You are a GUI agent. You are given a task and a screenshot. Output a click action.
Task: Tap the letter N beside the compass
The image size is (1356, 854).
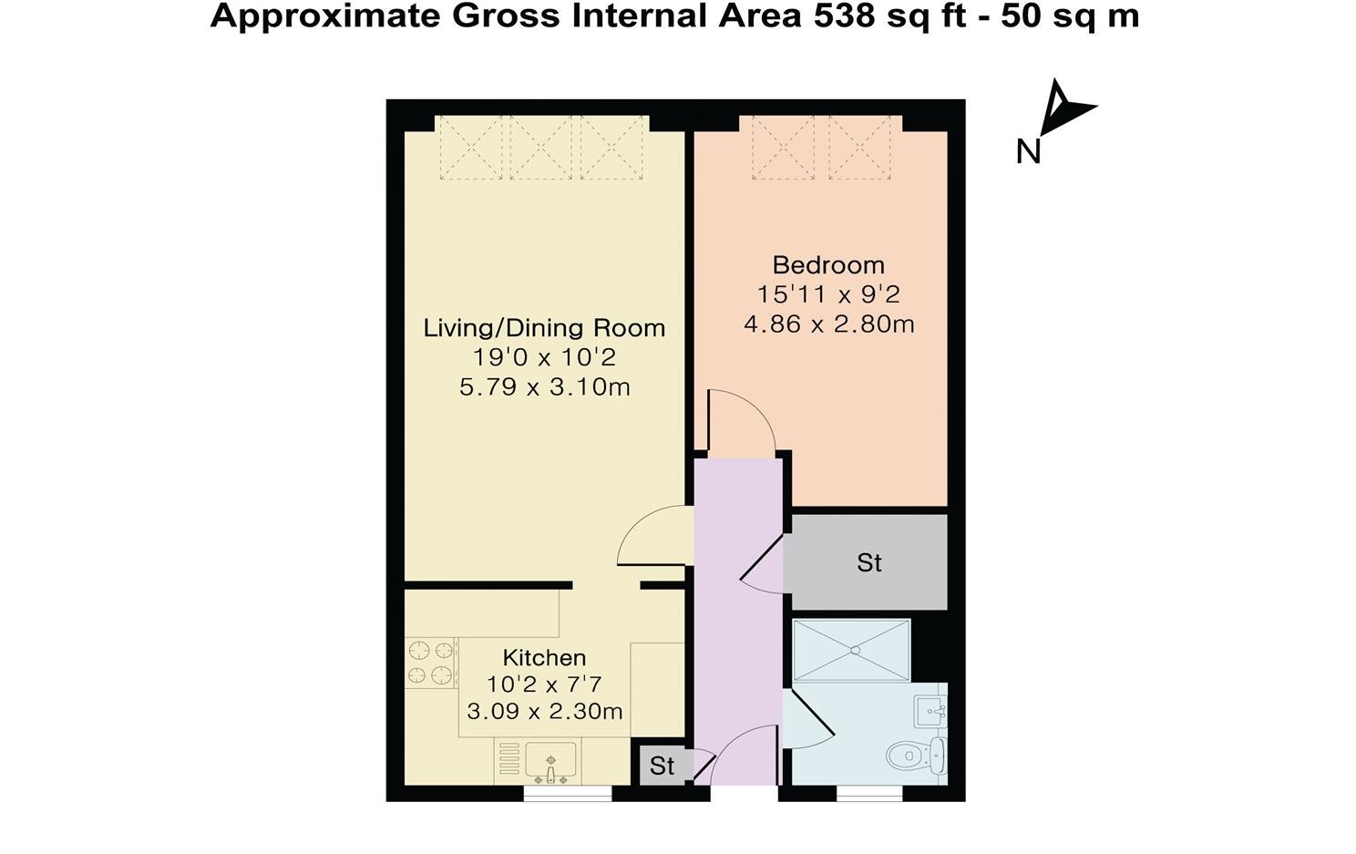(x=1029, y=151)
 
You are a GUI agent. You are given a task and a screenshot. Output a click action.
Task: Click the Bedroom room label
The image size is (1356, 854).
(x=828, y=265)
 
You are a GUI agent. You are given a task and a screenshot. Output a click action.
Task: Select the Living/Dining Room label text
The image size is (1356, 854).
(x=544, y=328)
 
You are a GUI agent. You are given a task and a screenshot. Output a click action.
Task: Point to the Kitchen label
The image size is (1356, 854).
(x=544, y=657)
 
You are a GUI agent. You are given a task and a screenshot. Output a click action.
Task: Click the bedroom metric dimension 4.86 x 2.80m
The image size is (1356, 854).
(x=828, y=324)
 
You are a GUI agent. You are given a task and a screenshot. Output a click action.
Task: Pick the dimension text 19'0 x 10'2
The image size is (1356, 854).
(x=544, y=357)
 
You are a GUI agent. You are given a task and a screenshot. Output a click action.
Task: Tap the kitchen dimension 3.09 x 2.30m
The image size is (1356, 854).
(x=544, y=711)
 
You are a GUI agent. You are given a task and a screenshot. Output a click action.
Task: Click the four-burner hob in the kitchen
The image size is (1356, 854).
(x=430, y=663)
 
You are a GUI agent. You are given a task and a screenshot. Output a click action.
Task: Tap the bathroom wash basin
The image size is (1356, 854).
(x=931, y=710)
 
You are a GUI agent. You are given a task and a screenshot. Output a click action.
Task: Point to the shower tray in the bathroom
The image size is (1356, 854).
(x=851, y=650)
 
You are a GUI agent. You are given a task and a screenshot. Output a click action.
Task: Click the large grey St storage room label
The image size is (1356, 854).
(x=868, y=563)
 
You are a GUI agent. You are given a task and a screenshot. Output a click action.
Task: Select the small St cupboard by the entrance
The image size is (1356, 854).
(x=662, y=767)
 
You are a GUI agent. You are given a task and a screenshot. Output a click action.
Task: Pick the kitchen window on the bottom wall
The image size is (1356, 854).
(x=567, y=794)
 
